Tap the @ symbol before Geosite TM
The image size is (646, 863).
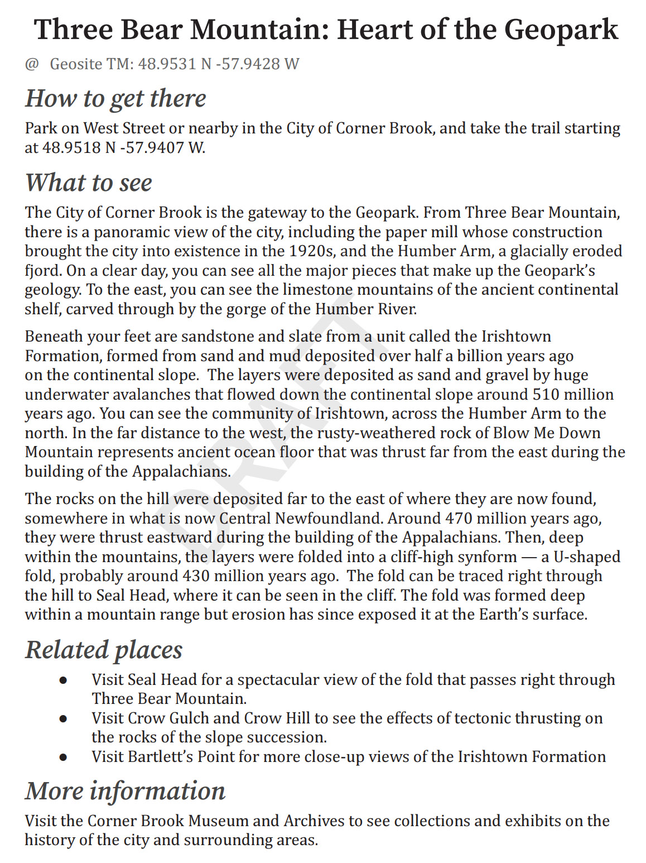[32, 64]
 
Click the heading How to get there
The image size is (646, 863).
[115, 98]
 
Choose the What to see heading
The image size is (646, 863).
[89, 183]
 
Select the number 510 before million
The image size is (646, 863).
[545, 395]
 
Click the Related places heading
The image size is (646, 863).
[104, 650]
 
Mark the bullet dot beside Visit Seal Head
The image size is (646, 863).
[64, 680]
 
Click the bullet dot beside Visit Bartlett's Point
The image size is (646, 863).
[64, 757]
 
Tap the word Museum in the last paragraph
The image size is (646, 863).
[218, 821]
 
